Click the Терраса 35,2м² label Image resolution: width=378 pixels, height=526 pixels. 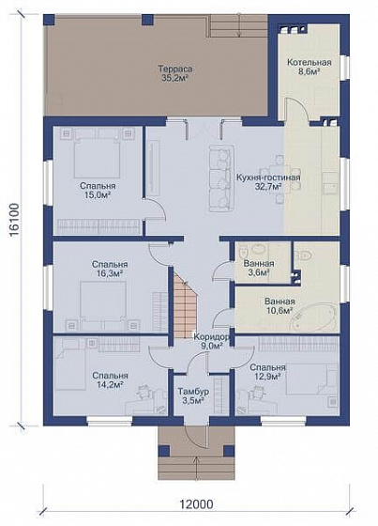pos(175,74)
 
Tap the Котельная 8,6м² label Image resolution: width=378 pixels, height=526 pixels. pos(310,67)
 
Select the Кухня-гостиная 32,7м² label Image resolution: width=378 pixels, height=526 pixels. pos(268,182)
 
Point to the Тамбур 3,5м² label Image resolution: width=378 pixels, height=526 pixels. pos(193,395)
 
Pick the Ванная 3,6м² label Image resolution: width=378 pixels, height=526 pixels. pos(259,268)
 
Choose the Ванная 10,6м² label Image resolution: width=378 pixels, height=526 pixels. pos(280,306)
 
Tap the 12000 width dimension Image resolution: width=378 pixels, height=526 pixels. pos(196,503)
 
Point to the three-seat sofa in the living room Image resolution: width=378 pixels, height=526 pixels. pos(220,178)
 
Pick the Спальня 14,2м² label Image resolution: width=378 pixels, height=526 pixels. pos(110,380)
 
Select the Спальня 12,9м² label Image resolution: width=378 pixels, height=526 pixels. pos(267,372)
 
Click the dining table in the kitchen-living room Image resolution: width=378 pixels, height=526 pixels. pos(279,178)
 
